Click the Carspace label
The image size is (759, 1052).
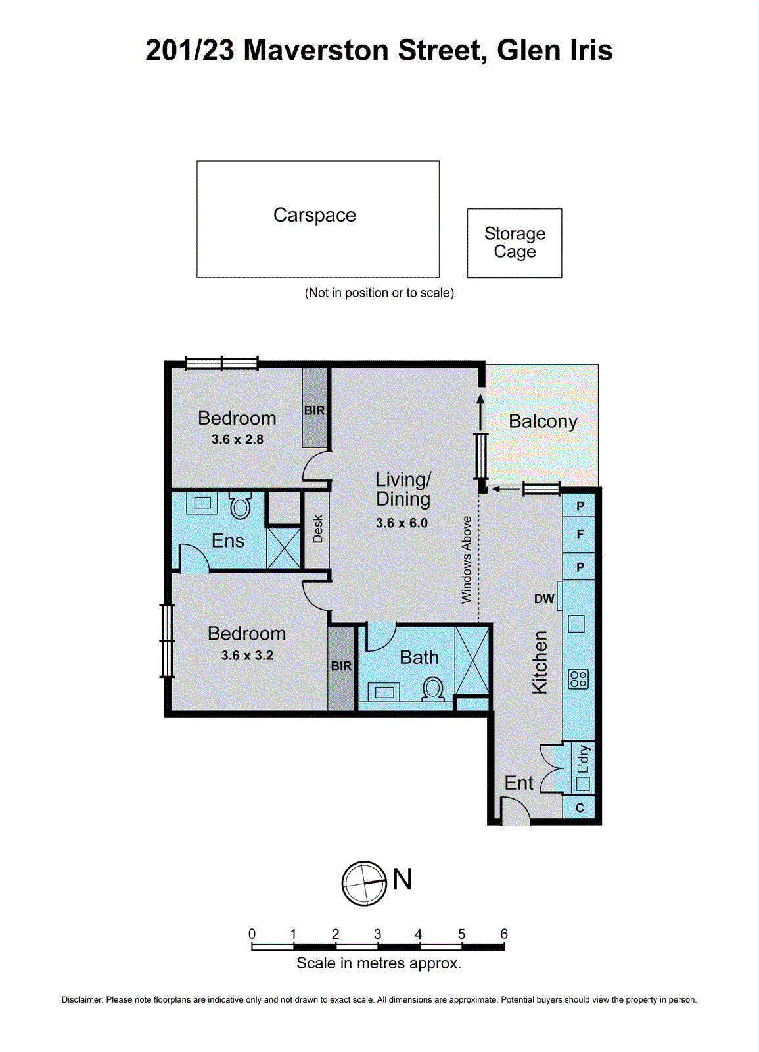pos(314,215)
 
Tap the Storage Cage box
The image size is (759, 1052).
pos(515,243)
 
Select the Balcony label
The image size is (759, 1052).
pos(543,421)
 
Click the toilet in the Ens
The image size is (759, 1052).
pos(241,506)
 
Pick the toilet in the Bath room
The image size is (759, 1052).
pos(433,689)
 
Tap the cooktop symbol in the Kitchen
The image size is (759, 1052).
pos(578,679)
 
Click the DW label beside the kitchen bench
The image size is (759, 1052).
pos(544,599)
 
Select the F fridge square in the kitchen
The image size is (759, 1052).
pos(580,535)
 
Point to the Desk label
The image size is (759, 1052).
pos(318,529)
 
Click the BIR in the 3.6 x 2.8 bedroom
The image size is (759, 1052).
pos(314,410)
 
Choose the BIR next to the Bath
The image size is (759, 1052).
pos(341,666)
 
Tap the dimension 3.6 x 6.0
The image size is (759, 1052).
pos(402,523)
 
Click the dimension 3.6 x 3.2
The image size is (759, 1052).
pos(247,656)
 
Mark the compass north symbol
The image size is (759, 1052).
pos(364,883)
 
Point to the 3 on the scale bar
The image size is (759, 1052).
pos(377,934)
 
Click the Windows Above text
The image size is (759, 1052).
pos(467,560)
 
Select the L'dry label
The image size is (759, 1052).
pos(584,759)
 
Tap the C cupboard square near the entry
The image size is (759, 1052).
pos(580,808)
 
